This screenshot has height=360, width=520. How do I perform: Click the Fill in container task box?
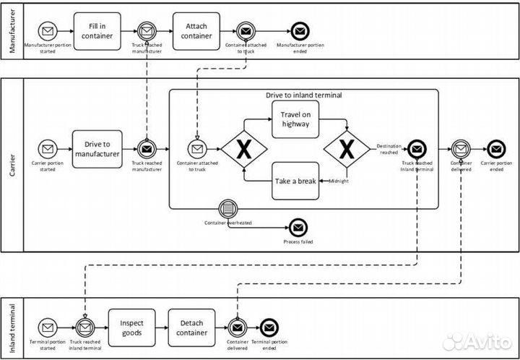click(97, 31)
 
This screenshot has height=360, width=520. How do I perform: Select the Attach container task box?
click(196, 31)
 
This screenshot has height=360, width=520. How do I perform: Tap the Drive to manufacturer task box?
click(97, 149)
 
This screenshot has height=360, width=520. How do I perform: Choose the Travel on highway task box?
click(295, 119)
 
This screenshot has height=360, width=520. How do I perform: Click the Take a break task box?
click(295, 180)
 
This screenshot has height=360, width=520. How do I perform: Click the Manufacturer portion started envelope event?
click(48, 31)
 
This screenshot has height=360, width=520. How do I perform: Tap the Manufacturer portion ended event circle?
click(299, 31)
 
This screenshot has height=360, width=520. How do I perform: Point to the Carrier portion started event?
click(48, 149)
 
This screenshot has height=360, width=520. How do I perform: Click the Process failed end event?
click(298, 227)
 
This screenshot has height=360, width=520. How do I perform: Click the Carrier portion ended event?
click(495, 149)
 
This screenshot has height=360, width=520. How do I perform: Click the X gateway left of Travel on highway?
click(244, 149)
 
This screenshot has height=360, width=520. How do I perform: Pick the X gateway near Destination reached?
click(346, 149)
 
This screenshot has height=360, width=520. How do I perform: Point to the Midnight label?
click(339, 181)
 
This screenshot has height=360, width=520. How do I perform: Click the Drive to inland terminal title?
click(303, 95)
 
